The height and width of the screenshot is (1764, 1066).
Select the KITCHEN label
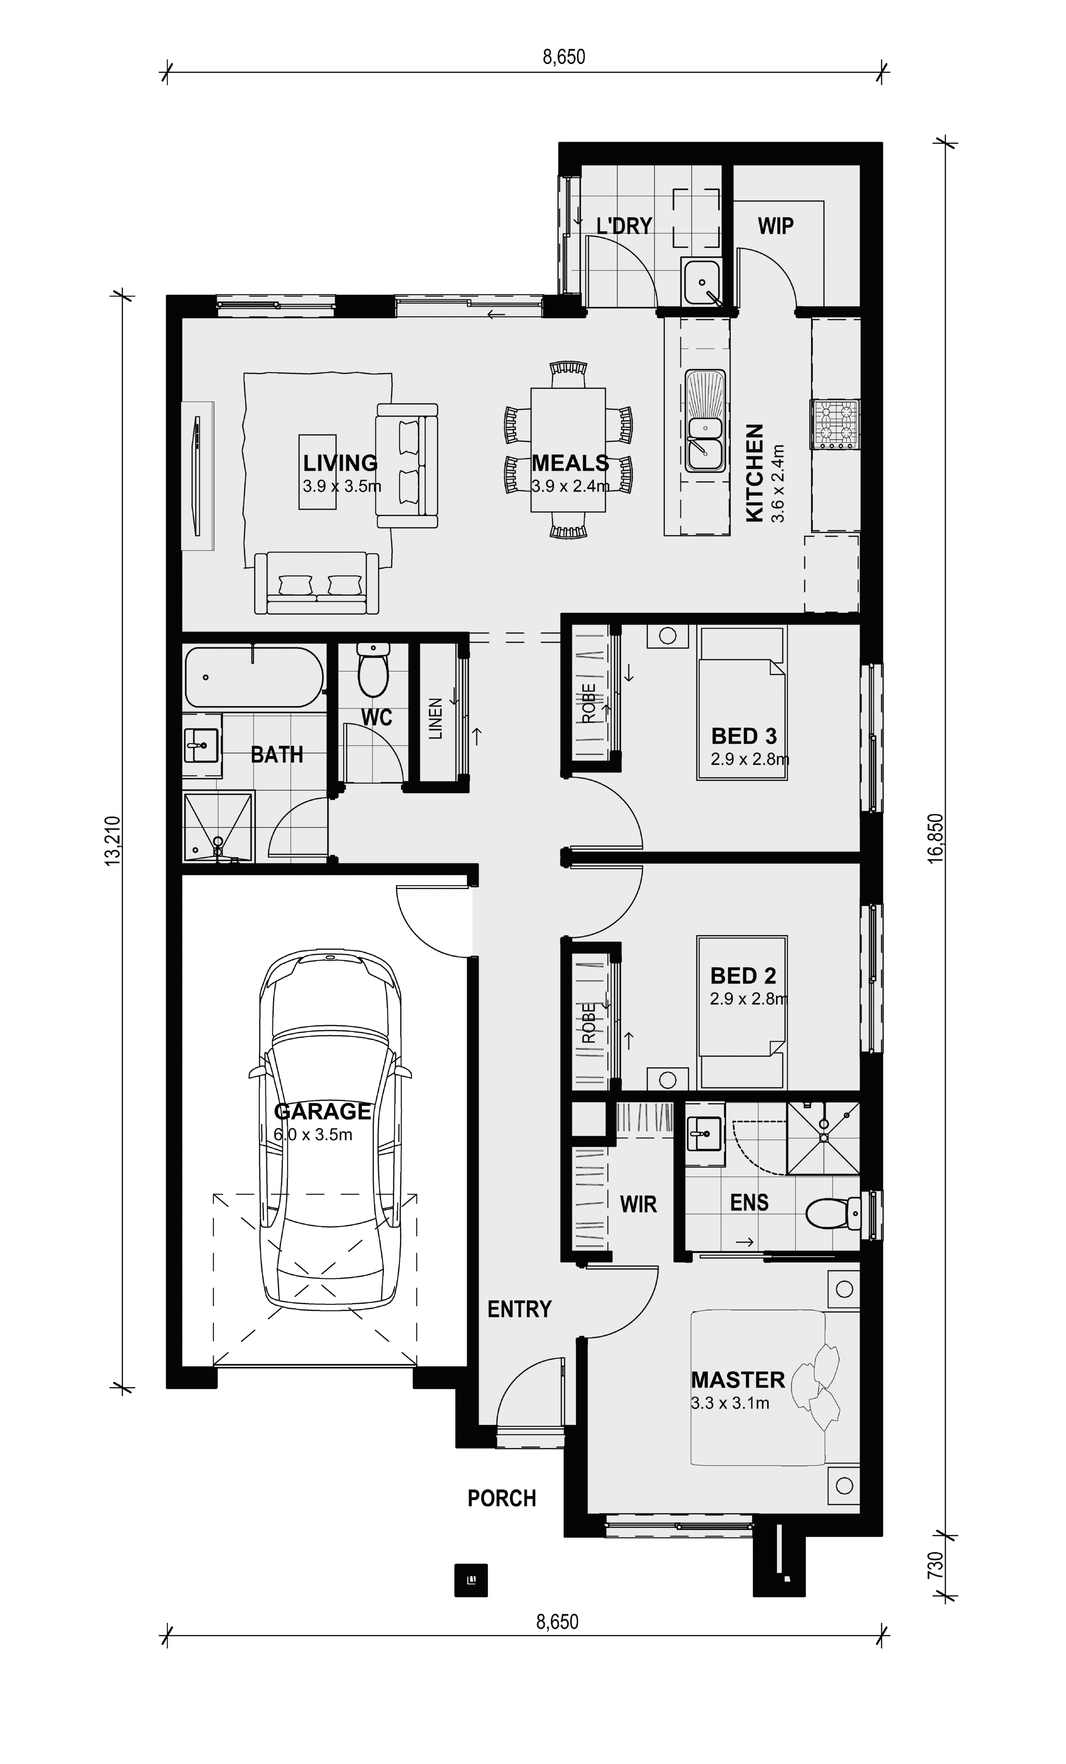(x=755, y=472)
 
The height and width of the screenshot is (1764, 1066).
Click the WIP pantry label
(x=775, y=226)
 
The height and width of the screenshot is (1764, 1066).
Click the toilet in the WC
(x=373, y=669)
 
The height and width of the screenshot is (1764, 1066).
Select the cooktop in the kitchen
(x=835, y=424)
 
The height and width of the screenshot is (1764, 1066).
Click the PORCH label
(x=502, y=1498)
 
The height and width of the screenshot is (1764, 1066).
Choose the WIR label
(x=638, y=1204)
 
